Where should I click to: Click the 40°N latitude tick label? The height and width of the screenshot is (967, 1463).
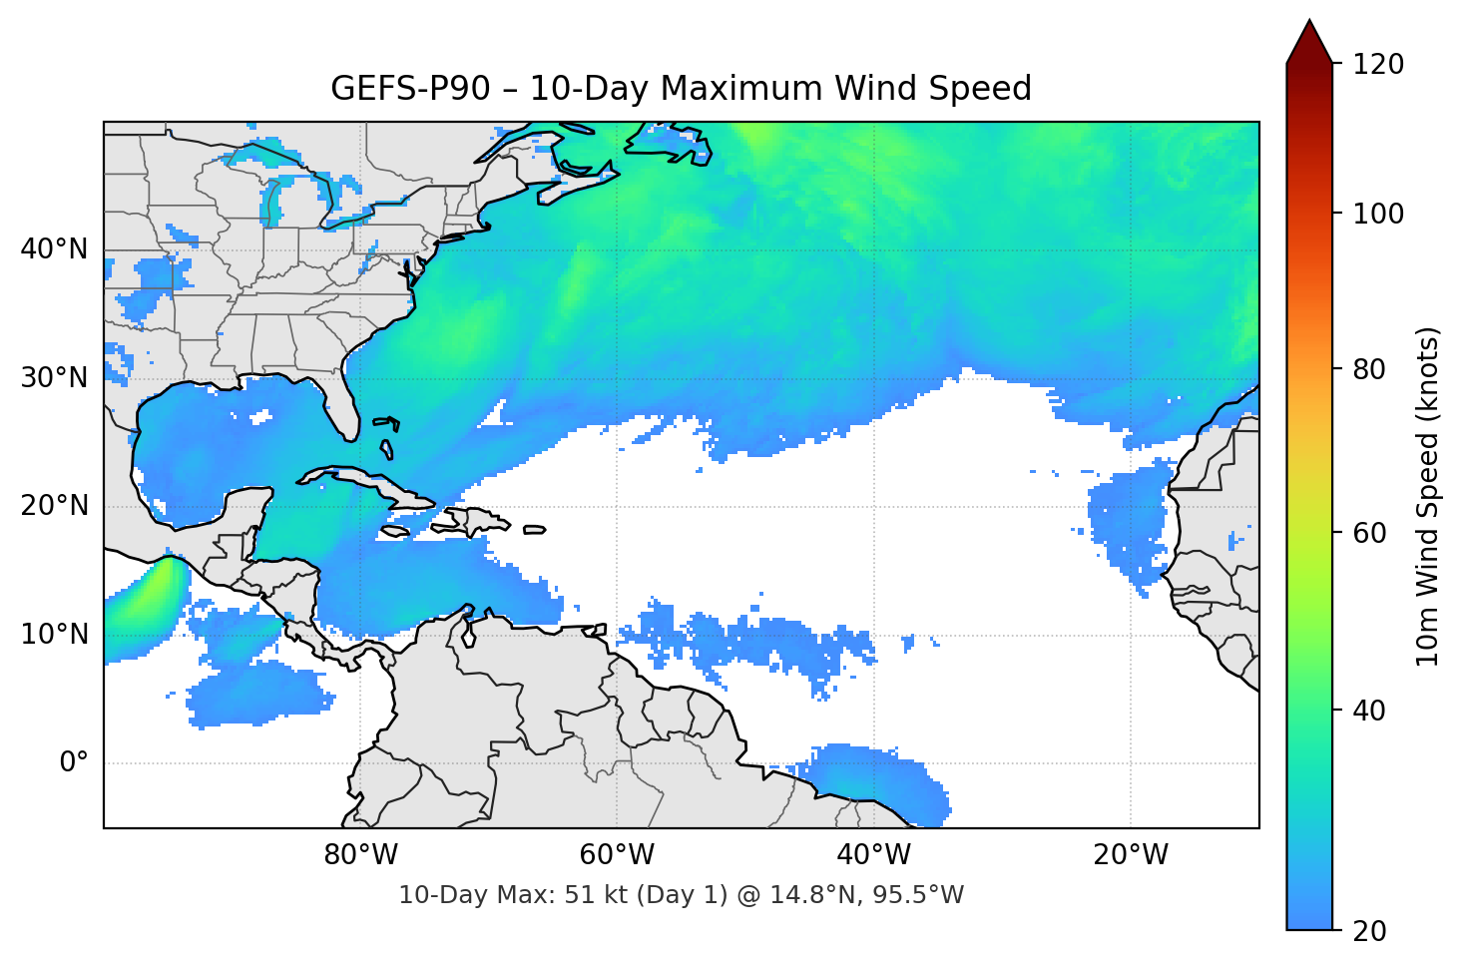pyautogui.click(x=54, y=249)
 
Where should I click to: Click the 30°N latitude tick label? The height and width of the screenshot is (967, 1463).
pyautogui.click(x=54, y=378)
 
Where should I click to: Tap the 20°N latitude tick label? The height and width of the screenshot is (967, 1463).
pyautogui.click(x=54, y=506)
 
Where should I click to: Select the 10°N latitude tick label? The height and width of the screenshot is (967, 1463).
pyautogui.click(x=54, y=635)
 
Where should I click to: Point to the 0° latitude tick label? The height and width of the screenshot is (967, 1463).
pyautogui.click(x=73, y=763)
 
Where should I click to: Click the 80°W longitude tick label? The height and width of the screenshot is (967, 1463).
pyautogui.click(x=360, y=855)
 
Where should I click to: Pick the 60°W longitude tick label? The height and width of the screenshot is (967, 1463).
pyautogui.click(x=617, y=855)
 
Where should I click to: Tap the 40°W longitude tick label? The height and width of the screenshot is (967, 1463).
pyautogui.click(x=874, y=855)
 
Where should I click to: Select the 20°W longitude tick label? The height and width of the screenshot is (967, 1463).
pyautogui.click(x=1131, y=855)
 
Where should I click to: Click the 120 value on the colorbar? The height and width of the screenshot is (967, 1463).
pyautogui.click(x=1378, y=65)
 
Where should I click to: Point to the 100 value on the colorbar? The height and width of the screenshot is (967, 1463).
pyautogui.click(x=1378, y=214)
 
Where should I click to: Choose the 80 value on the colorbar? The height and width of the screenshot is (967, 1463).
pyautogui.click(x=1369, y=369)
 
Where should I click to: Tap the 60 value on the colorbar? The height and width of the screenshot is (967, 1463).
pyautogui.click(x=1369, y=533)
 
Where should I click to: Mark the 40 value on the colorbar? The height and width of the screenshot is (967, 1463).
pyautogui.click(x=1369, y=711)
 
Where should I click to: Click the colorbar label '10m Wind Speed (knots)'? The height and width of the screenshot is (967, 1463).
pyautogui.click(x=1428, y=496)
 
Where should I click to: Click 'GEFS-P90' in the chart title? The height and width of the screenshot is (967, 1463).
pyautogui.click(x=410, y=89)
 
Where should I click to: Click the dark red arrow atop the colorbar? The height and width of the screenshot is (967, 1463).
pyautogui.click(x=1309, y=43)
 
